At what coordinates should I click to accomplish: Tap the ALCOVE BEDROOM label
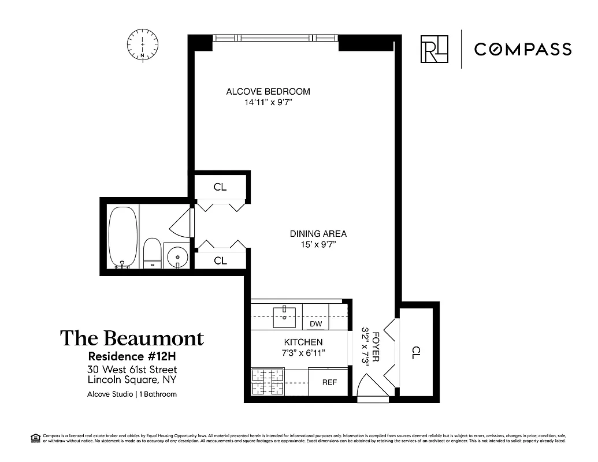268,91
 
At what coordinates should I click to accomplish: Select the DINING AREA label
318,234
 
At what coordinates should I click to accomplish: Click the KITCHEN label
303,342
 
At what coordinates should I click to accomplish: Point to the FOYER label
376,346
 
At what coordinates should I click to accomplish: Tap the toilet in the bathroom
153,253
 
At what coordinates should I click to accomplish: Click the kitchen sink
284,315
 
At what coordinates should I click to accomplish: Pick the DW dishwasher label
315,324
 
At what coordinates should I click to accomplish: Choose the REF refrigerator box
329,382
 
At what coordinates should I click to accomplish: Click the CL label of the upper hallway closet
220,187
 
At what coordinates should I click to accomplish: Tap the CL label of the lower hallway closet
220,260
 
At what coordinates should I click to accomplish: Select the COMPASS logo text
522,49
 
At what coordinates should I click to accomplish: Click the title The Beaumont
132,338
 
